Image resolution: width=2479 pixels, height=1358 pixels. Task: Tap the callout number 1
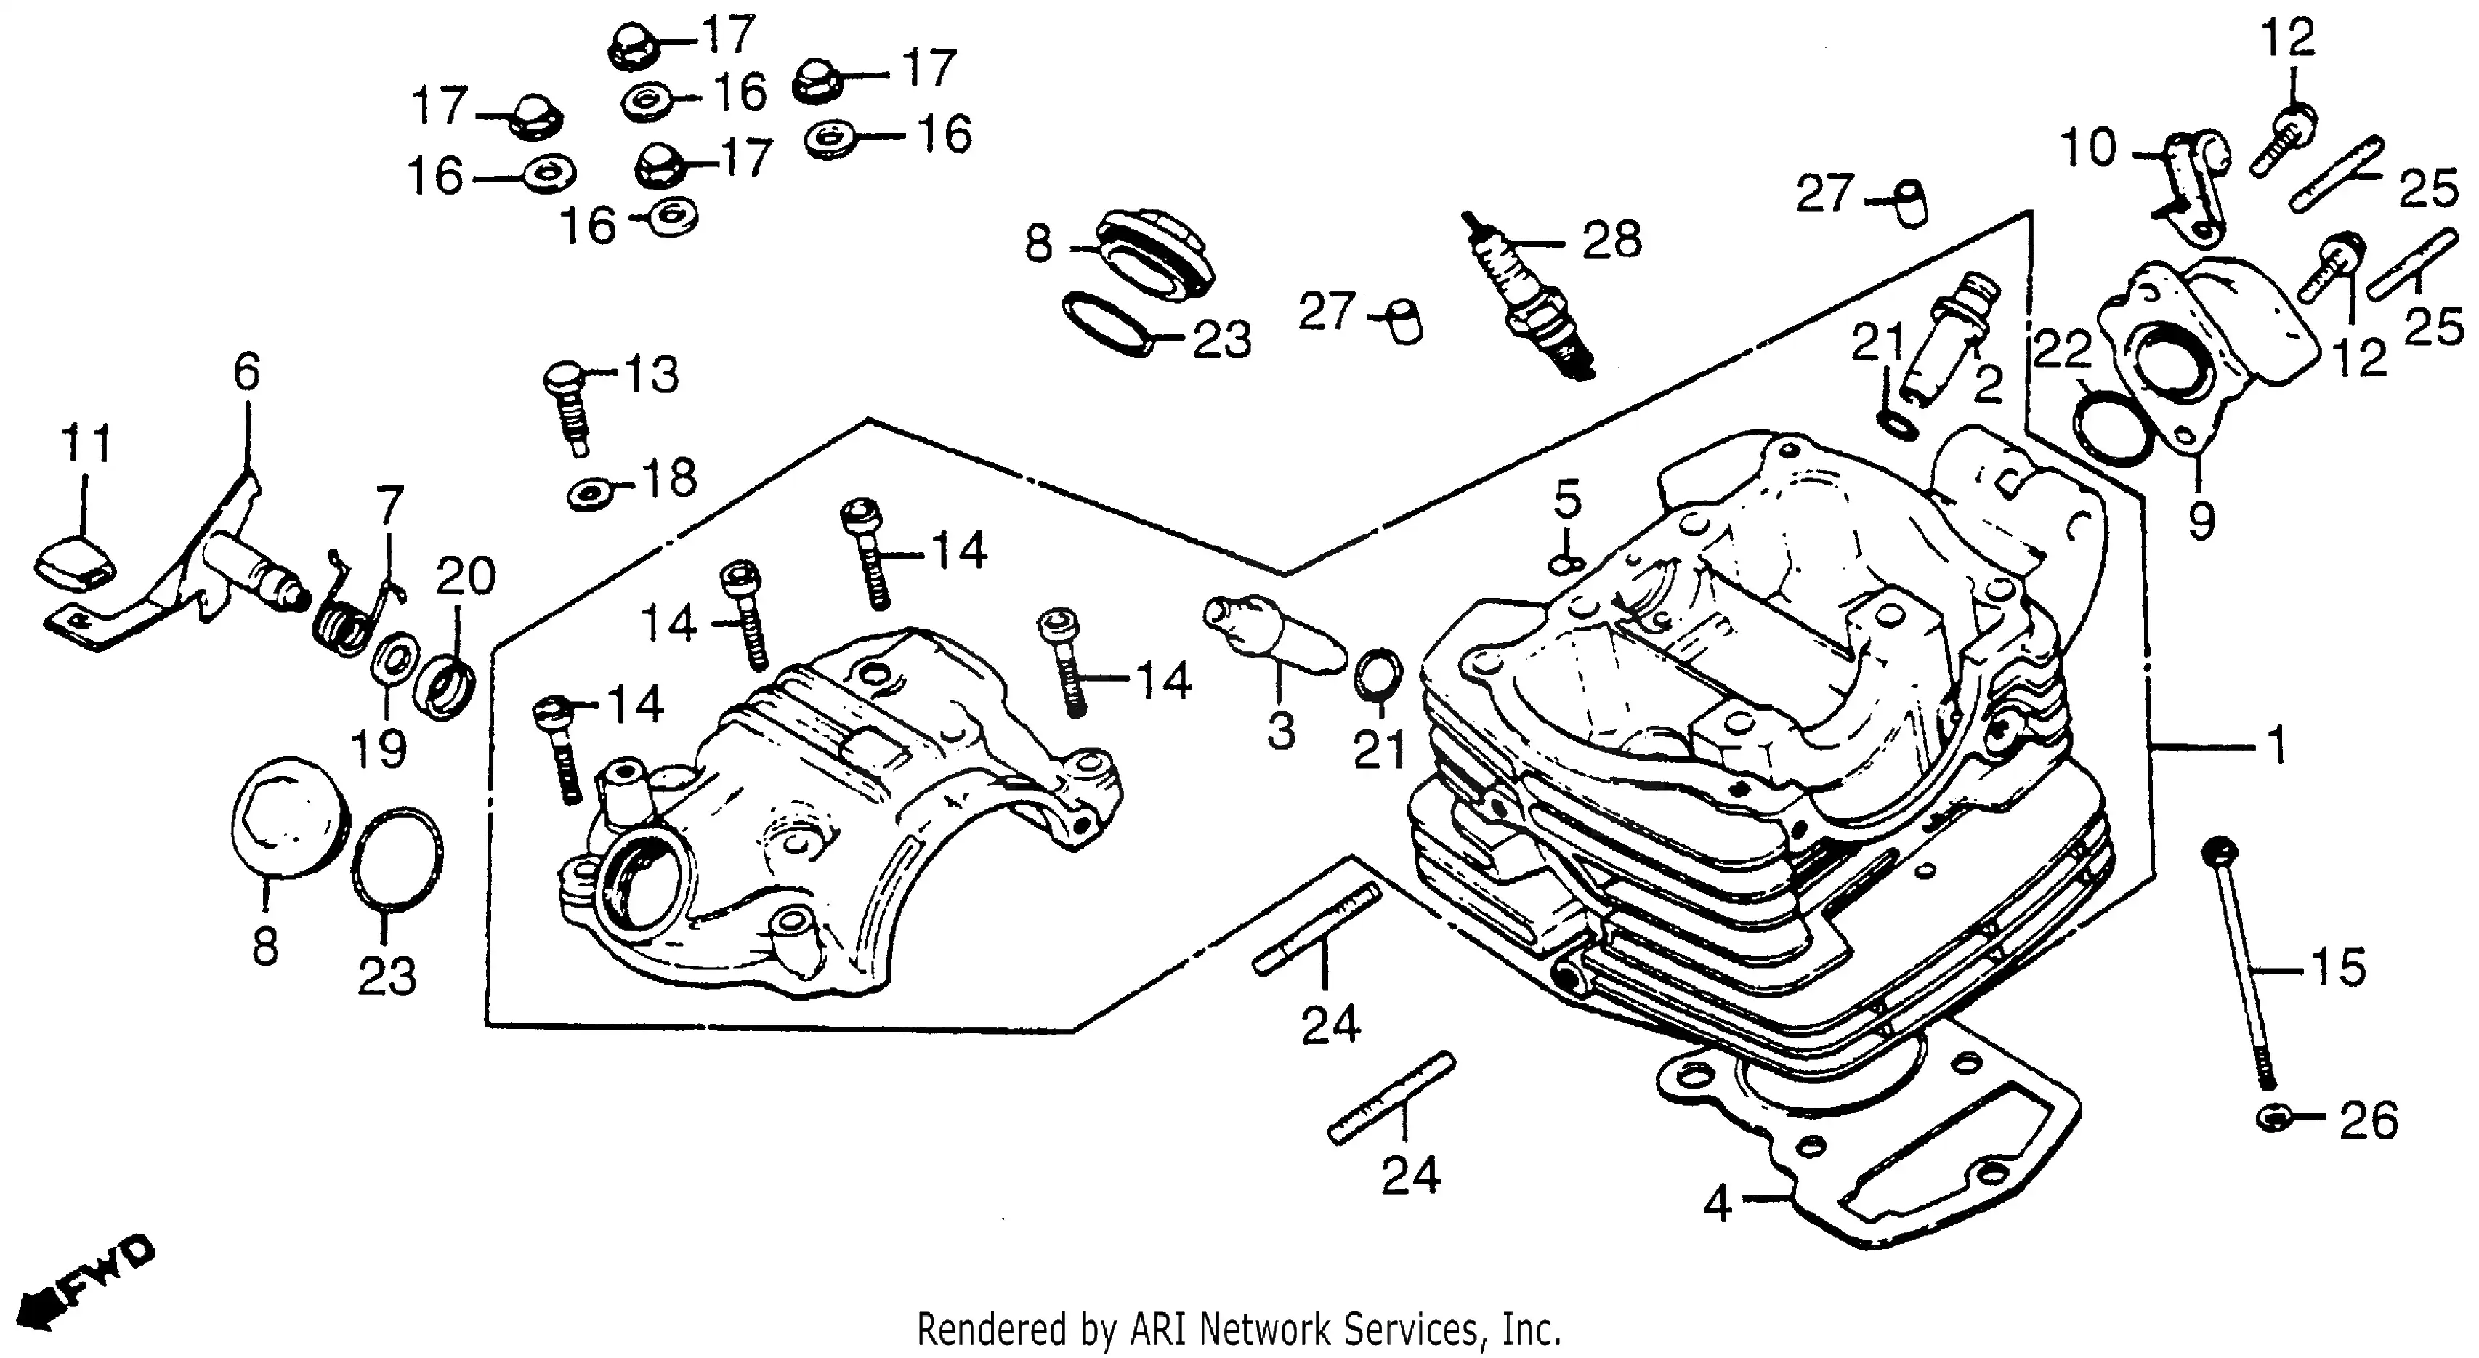(2276, 745)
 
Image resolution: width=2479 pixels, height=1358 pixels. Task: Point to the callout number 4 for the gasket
(1717, 1203)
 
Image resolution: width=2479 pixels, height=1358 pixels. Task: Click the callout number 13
(652, 373)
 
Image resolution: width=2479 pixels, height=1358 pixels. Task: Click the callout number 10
(2088, 149)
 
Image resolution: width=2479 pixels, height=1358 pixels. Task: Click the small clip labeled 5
(1566, 564)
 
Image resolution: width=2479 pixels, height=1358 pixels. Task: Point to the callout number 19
(379, 748)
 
